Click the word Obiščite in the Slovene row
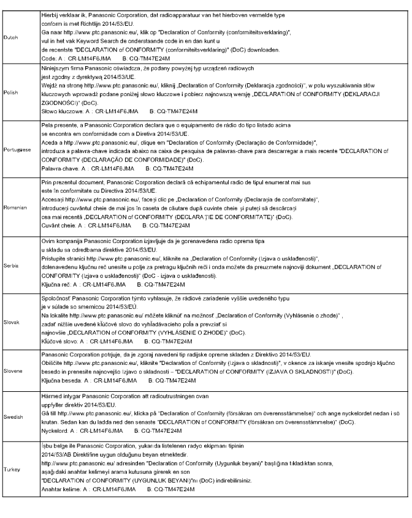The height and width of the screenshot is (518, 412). pos(50,363)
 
